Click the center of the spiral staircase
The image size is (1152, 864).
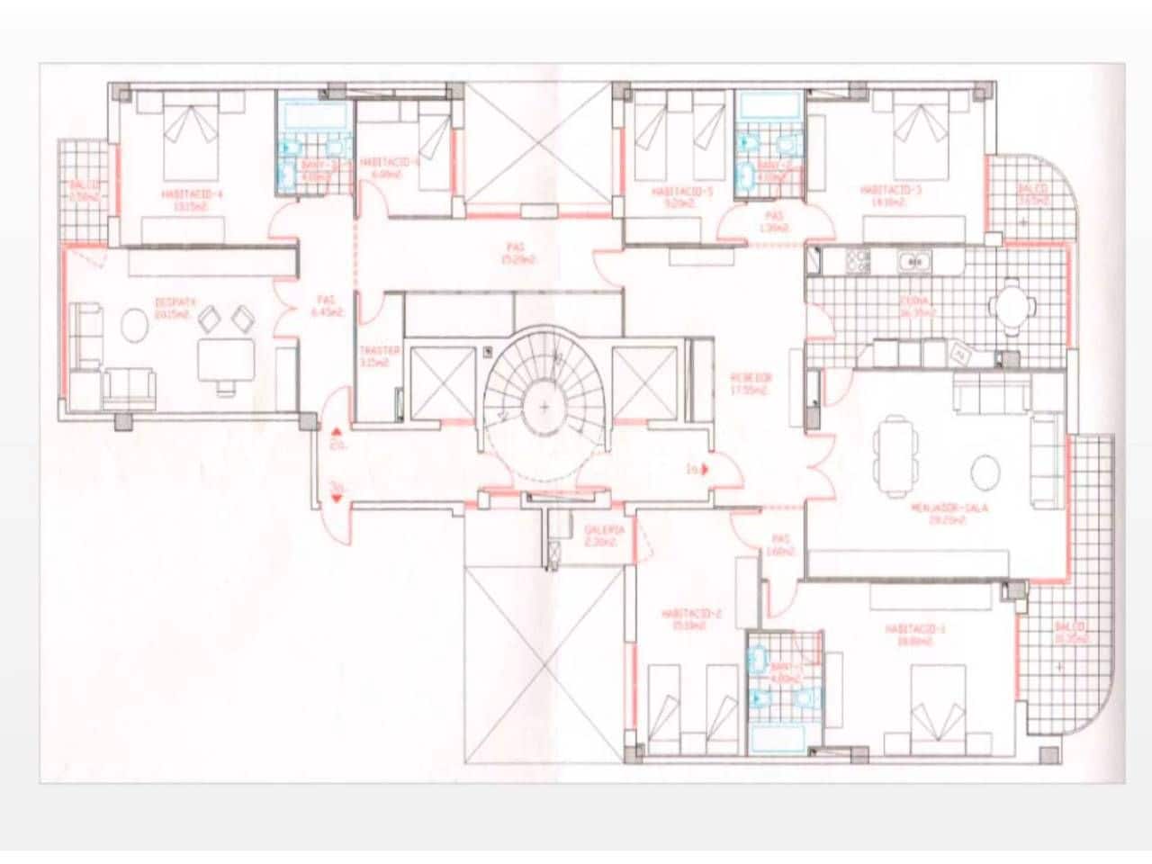pyautogui.click(x=544, y=407)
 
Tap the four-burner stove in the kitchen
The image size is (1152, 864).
pyautogui.click(x=859, y=261)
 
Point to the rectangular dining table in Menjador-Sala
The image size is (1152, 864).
pyautogui.click(x=896, y=455)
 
